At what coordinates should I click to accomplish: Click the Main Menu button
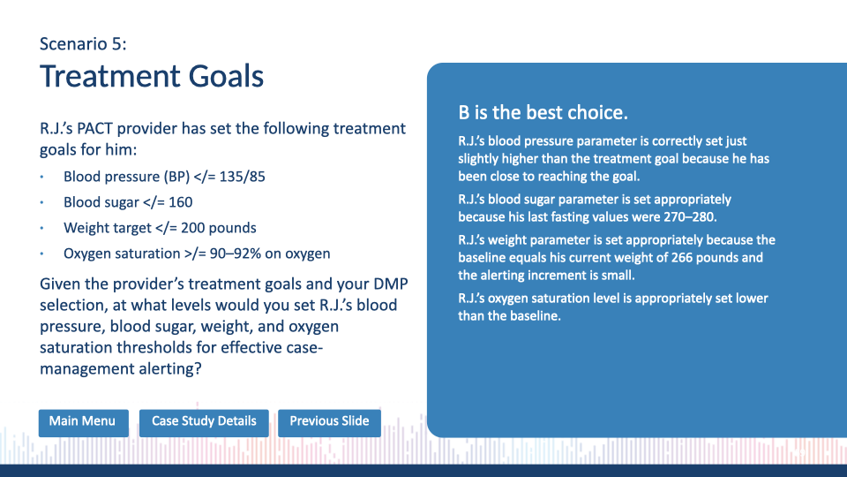pyautogui.click(x=83, y=422)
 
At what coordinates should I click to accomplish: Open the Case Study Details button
pyautogui.click(x=204, y=422)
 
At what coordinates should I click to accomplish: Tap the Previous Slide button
pyautogui.click(x=329, y=422)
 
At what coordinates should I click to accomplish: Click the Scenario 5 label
pyautogui.click(x=83, y=44)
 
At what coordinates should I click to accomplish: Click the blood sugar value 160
pyautogui.click(x=180, y=202)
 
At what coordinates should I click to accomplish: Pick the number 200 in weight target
pyautogui.click(x=192, y=228)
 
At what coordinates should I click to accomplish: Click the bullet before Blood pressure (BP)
pyautogui.click(x=41, y=177)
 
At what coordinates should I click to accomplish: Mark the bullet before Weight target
pyautogui.click(x=41, y=228)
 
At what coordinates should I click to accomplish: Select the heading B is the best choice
pyautogui.click(x=543, y=112)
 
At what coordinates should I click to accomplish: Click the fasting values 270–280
pyautogui.click(x=689, y=217)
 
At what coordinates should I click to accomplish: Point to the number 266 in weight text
pyautogui.click(x=682, y=257)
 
